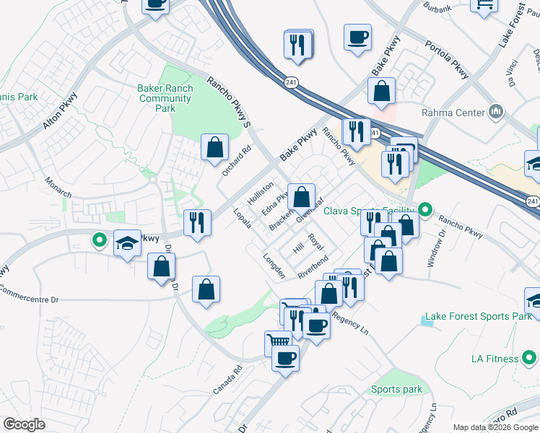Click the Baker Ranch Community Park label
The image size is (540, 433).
[165, 98]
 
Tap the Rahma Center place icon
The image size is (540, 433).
[495, 112]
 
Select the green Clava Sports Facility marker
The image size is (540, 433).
[426, 211]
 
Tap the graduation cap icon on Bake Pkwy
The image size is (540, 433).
[128, 243]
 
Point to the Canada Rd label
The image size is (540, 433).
[225, 381]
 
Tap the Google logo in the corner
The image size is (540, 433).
[24, 424]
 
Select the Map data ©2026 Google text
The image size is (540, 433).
[495, 427]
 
